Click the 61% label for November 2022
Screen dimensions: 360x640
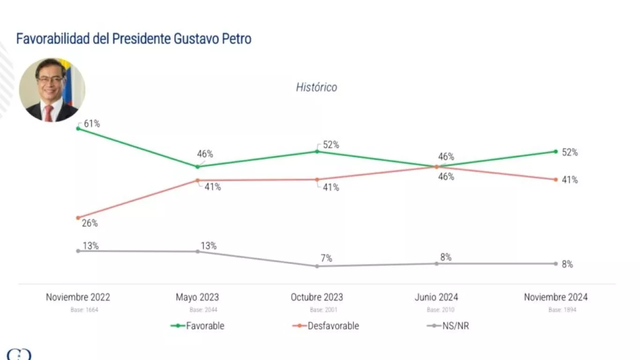point(92,124)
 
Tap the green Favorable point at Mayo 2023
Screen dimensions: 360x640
point(197,166)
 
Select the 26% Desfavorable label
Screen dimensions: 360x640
point(89,223)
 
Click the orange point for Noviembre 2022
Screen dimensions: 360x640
point(78,217)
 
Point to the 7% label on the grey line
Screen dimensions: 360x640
point(327,258)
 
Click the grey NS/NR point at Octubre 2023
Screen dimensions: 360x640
point(317,266)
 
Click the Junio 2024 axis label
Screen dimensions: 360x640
point(436,297)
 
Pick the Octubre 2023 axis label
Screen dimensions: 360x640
point(317,297)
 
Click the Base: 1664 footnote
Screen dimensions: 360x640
point(78,310)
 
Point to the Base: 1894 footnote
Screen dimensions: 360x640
point(556,310)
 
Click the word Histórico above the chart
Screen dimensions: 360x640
point(316,87)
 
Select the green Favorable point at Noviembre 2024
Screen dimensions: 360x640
point(556,151)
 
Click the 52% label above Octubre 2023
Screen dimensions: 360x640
point(331,145)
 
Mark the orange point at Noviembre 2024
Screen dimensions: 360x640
point(556,180)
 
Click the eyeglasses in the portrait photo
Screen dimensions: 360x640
point(50,80)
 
